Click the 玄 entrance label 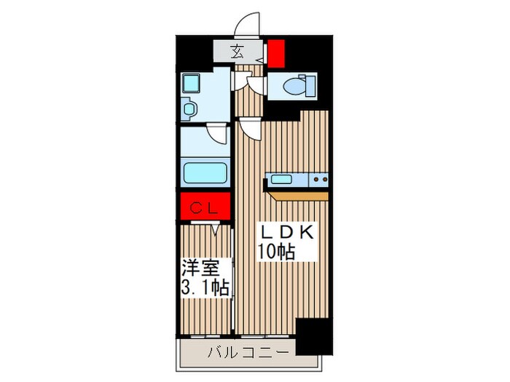238,52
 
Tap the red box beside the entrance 276,53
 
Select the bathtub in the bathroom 205,173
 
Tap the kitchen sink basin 282,179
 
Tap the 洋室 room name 206,266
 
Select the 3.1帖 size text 206,287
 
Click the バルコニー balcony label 250,354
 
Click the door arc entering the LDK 250,130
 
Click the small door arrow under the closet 216,230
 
